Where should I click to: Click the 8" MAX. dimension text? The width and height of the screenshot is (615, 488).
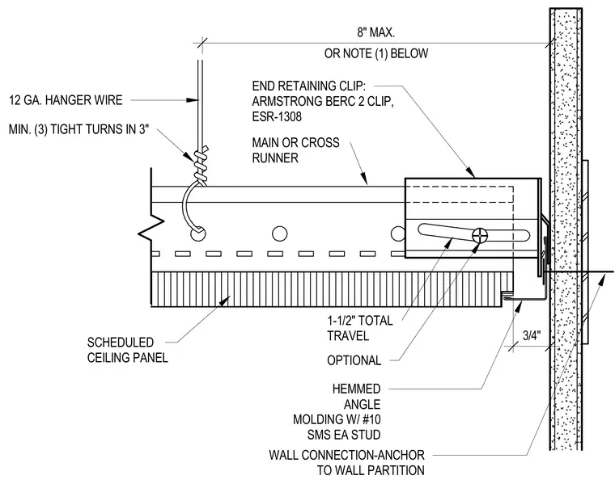375,32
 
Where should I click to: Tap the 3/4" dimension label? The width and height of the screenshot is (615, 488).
532,335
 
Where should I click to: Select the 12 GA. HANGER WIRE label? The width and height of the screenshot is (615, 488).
66,100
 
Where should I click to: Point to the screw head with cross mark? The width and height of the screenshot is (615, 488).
480,235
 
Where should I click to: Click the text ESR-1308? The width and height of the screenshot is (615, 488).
277,116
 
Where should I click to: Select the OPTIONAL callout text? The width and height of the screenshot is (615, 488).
354,360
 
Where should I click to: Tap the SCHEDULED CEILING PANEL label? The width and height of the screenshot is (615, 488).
128,350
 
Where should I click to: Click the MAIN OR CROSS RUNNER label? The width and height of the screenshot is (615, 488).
295,150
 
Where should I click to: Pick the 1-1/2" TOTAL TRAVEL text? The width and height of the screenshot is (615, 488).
360,328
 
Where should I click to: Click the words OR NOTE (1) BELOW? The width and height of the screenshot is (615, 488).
376,53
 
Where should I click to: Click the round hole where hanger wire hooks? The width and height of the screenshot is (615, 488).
197,234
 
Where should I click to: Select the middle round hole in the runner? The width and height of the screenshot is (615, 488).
279,233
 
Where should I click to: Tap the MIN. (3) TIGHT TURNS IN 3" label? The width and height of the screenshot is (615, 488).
78,129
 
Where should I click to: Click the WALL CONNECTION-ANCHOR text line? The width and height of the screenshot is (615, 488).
346,455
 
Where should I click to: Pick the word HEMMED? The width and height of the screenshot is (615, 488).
357,389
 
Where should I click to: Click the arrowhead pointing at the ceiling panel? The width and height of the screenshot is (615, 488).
225,301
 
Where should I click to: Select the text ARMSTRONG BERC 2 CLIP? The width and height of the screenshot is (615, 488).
322,102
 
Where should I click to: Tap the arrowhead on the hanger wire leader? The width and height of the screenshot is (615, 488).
192,100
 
